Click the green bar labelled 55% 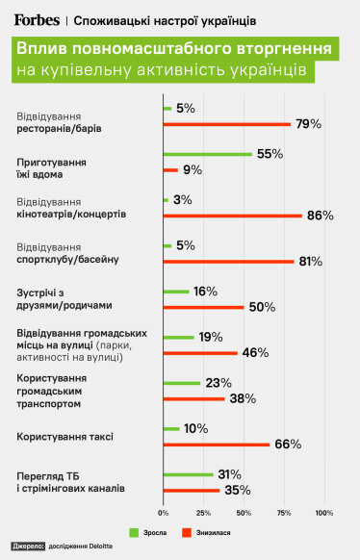coord(208,154)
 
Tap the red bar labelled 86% coord(233,216)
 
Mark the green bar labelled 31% coord(189,474)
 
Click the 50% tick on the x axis coord(244,512)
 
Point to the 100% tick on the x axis coord(324,512)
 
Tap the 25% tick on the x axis coord(204,512)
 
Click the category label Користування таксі coord(65,437)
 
